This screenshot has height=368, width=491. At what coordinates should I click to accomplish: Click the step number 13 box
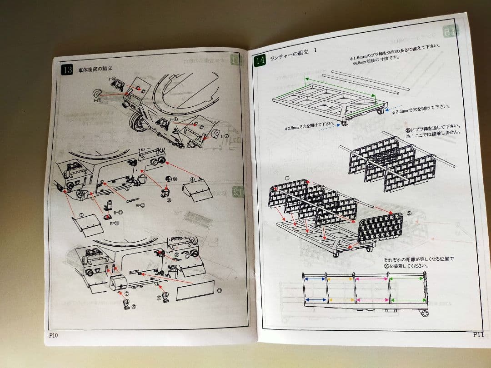[x=67, y=70]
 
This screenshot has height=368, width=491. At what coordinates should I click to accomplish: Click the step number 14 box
[x=260, y=60]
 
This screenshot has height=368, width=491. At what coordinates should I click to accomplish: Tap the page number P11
[x=478, y=334]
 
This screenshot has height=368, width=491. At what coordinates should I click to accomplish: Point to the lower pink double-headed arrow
[x=372, y=300]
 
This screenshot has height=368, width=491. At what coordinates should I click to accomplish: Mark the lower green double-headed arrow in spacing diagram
[x=407, y=300]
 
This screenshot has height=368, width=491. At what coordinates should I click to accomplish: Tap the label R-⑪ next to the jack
[x=118, y=212]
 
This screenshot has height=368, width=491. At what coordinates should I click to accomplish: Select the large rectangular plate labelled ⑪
[x=195, y=290]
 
